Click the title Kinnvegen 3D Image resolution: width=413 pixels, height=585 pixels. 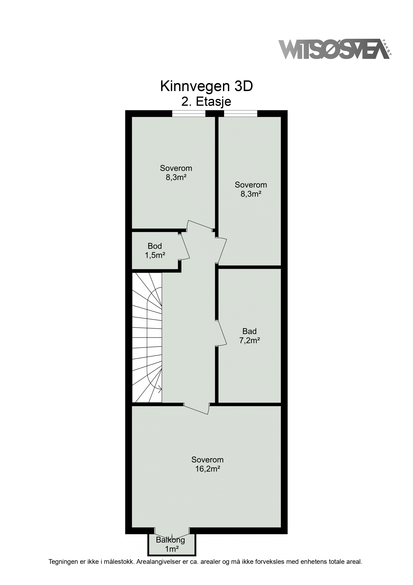click(x=206, y=86)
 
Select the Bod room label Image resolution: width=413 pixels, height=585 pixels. click(x=155, y=246)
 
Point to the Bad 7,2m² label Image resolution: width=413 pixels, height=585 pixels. click(x=249, y=336)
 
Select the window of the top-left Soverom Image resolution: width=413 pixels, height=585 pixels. click(x=189, y=114)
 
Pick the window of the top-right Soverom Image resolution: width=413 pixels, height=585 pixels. click(x=240, y=114)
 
